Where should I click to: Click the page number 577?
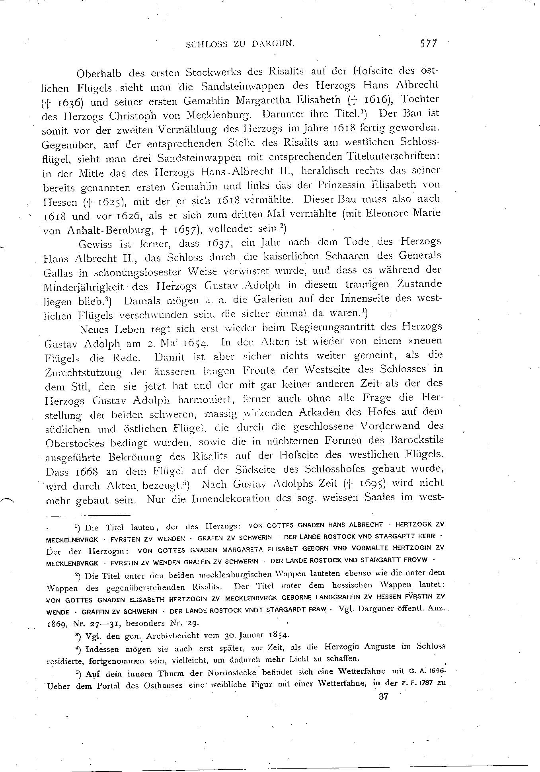coord(428,43)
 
